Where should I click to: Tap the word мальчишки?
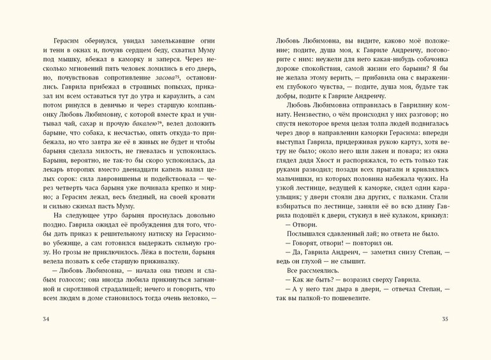(294, 192)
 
